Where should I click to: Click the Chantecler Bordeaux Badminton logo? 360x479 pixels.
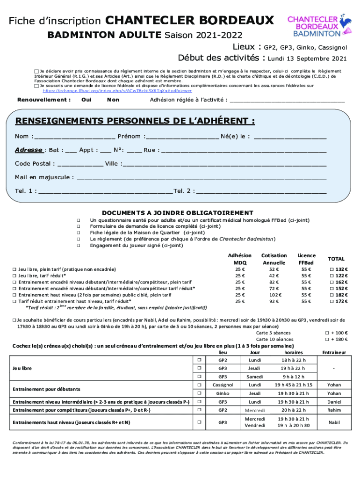[317, 26]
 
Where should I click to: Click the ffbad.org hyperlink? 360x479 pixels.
[117, 91]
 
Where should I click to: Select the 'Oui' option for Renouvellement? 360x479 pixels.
[86, 100]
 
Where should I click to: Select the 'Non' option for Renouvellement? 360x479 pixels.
[113, 100]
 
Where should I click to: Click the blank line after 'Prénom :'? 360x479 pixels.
[182, 137]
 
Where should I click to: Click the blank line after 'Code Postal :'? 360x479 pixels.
[80, 164]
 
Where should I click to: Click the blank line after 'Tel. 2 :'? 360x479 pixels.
[261, 191]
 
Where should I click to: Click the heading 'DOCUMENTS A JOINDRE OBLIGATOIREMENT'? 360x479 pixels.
[178, 213]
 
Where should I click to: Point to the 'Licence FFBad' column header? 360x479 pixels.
[306, 259]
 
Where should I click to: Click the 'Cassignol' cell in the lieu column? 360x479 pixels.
[223, 385]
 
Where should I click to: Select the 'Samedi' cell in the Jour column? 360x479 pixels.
[255, 377]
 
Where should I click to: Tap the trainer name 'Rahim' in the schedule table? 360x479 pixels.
[334, 410]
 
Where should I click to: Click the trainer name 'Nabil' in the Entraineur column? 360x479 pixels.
[334, 422]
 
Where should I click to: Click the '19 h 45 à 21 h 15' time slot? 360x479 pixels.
[293, 385]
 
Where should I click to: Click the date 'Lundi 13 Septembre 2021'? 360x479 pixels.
[307, 59]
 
